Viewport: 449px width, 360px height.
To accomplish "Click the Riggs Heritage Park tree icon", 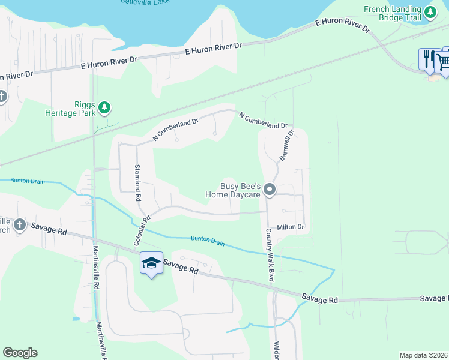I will tap(105, 107).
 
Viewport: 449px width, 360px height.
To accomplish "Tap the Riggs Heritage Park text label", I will tap(70, 107).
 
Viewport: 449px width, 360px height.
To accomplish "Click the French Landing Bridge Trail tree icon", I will tap(430, 11).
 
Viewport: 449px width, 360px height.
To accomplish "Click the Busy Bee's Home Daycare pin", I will tap(270, 190).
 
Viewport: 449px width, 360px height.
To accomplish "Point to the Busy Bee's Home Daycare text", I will tap(233, 190).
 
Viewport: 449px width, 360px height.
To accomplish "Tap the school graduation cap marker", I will tap(151, 263).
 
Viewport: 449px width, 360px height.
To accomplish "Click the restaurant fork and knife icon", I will tap(428, 59).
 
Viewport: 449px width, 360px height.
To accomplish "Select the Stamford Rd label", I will tap(137, 182).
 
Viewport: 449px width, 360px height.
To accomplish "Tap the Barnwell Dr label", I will tap(286, 145).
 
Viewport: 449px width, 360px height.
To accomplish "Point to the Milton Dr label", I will tap(291, 227).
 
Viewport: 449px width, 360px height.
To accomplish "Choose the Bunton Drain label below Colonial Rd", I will tap(207, 240).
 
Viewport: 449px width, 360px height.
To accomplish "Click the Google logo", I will tap(20, 353).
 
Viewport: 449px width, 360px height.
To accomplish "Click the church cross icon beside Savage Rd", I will tap(19, 224).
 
